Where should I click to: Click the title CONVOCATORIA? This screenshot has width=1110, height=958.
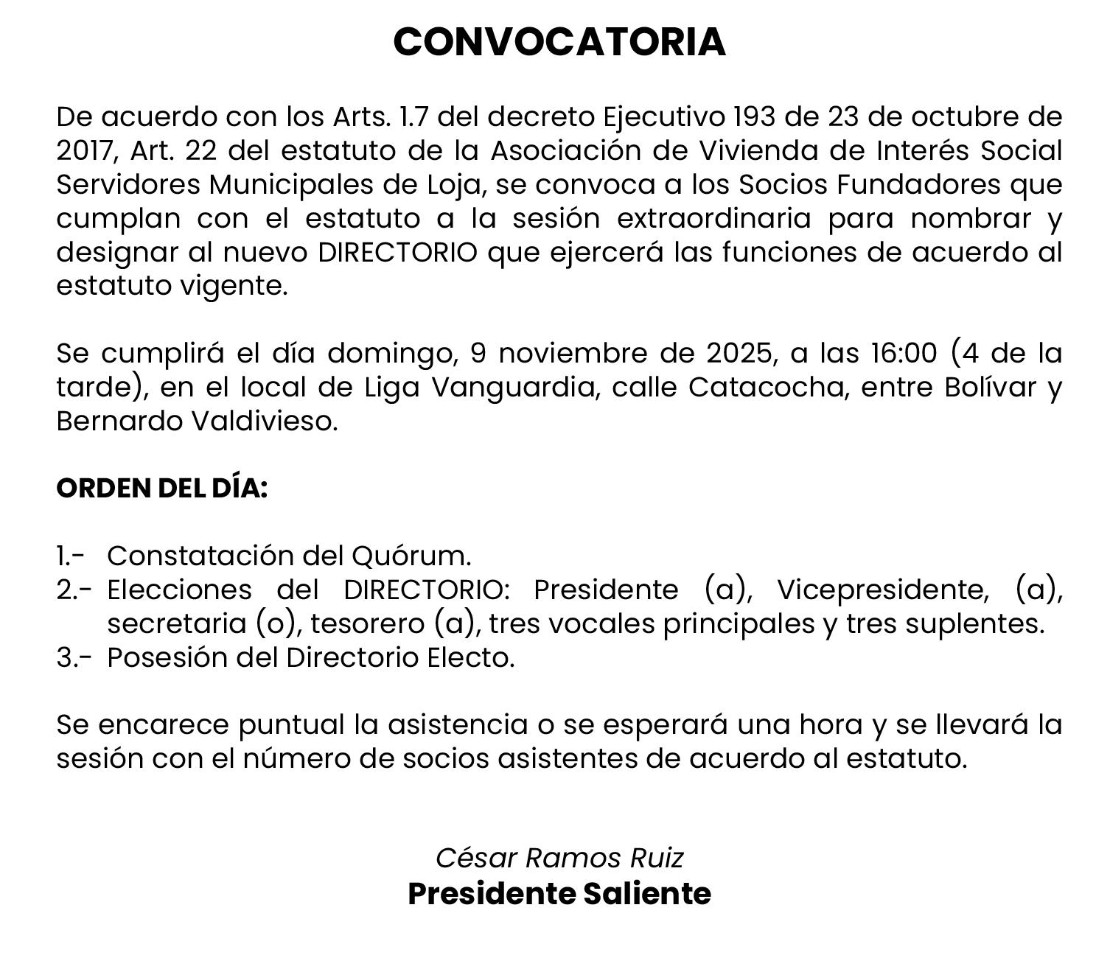click(559, 42)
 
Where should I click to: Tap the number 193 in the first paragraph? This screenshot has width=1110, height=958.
click(755, 117)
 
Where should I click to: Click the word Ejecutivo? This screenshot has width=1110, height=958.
click(664, 117)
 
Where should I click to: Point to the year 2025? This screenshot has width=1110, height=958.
click(740, 354)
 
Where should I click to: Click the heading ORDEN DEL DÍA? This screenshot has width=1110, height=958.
click(161, 488)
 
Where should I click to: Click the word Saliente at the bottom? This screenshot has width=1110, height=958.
click(647, 894)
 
